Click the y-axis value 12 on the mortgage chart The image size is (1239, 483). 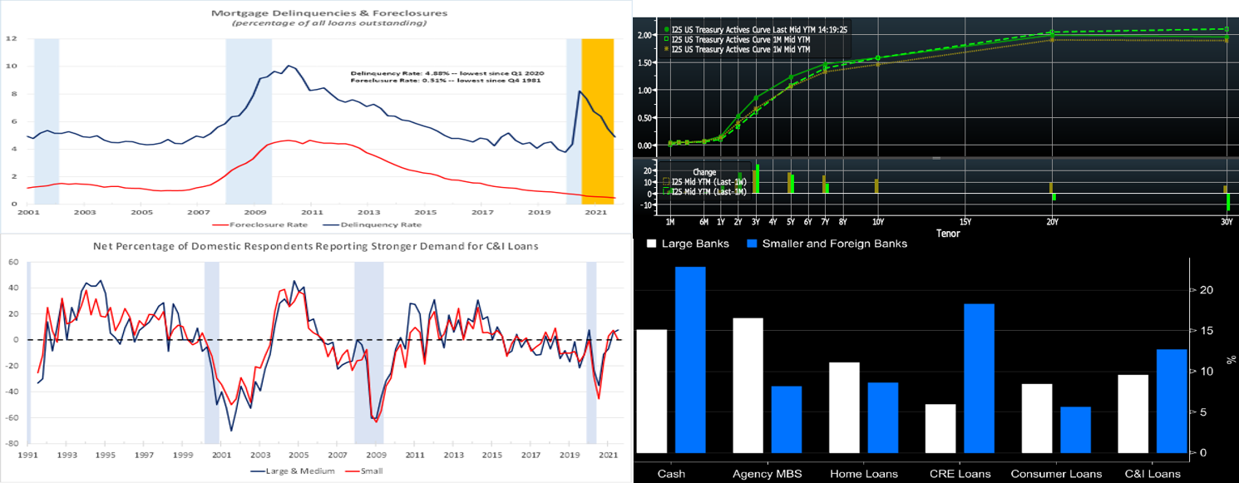12,38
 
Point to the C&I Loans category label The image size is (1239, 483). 1152,474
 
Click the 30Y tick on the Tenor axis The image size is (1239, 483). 1227,223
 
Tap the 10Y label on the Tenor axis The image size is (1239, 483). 876,223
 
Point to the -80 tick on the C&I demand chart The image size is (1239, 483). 14,444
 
